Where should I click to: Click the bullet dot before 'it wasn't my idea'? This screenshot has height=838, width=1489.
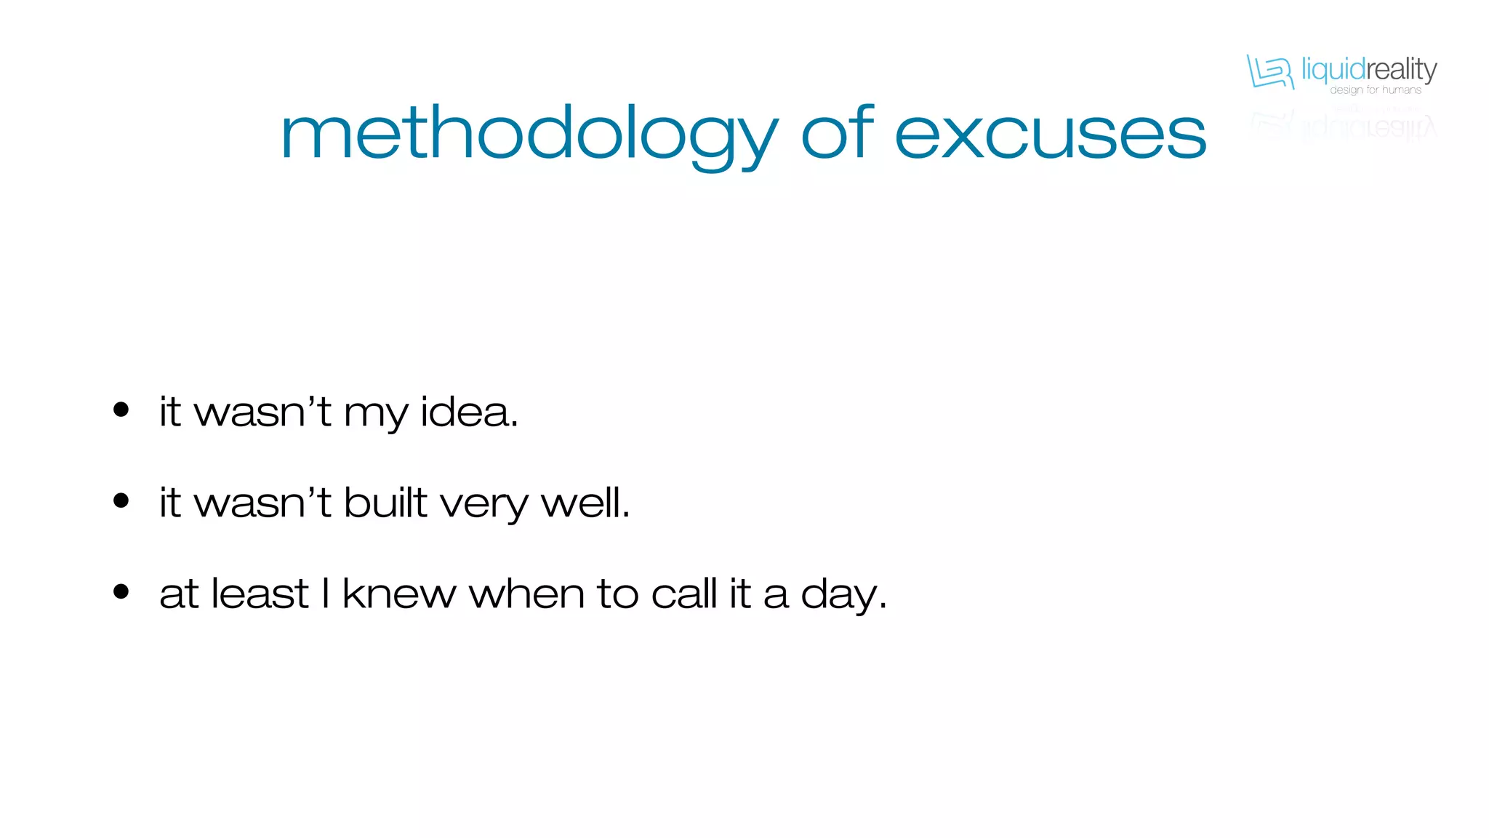[x=121, y=410]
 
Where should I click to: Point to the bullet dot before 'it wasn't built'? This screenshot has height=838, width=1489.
[x=121, y=500]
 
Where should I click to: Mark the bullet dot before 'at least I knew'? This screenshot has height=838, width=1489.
[x=121, y=591]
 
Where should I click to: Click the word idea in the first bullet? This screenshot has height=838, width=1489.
[x=468, y=412]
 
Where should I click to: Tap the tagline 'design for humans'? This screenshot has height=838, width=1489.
[x=1376, y=90]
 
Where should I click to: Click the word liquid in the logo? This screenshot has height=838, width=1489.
[x=1333, y=70]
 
